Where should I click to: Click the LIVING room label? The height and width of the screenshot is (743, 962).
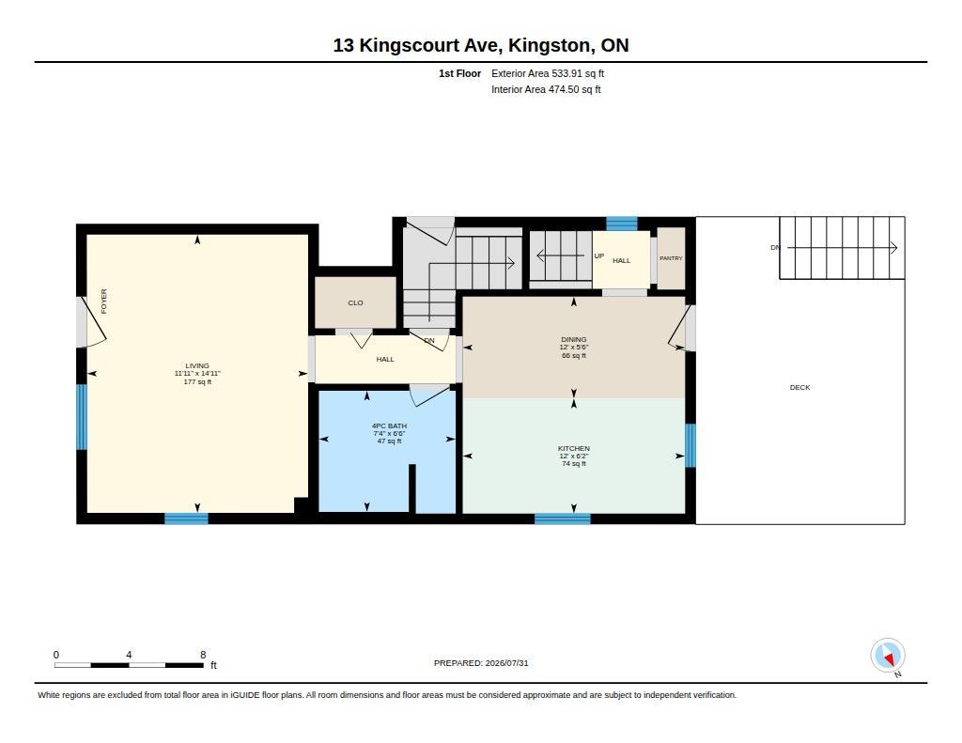197,365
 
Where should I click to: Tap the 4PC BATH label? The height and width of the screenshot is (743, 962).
389,426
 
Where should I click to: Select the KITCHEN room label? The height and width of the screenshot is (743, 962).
574,448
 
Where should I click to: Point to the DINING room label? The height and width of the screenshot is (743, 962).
574,339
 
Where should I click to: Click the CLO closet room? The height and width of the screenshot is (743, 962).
355,302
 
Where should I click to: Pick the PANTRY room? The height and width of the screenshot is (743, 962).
671,258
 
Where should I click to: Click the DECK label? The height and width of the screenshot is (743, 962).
799,387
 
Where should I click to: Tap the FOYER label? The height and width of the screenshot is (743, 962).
103,302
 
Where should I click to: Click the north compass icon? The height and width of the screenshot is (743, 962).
887,656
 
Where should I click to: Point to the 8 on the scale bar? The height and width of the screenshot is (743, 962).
203,655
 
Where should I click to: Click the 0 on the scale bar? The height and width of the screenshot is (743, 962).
56,655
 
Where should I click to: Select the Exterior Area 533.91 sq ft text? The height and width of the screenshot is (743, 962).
548,73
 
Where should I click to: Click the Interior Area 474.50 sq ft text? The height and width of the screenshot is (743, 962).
546,89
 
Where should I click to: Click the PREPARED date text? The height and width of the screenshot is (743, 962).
481,663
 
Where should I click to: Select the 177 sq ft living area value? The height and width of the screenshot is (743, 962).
197,381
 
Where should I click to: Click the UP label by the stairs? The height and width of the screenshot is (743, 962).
598,255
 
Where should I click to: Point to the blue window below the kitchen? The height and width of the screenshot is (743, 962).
562,519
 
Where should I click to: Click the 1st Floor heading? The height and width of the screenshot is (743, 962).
459,73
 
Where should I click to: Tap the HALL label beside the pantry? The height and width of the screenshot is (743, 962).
622,261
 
